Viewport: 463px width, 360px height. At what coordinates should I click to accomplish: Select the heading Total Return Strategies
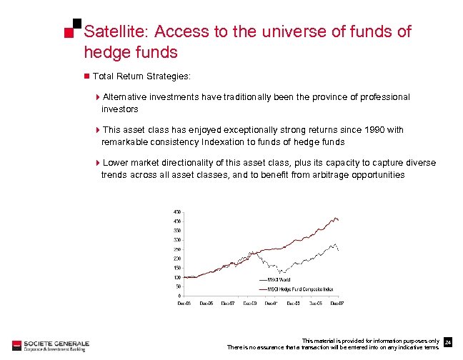click(141, 75)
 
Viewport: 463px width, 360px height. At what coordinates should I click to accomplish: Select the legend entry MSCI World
click(276, 279)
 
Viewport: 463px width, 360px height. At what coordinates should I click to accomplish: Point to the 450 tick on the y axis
click(176, 212)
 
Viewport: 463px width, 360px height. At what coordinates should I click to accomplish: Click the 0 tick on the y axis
click(179, 296)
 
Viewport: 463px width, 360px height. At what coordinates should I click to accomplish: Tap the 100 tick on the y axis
click(176, 277)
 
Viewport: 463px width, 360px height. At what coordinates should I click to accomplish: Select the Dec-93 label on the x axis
click(184, 303)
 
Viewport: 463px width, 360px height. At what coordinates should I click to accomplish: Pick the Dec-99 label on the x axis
click(250, 303)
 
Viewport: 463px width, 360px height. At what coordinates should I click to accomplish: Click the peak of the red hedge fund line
click(336, 217)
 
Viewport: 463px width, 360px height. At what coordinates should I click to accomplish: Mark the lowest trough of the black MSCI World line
click(282, 273)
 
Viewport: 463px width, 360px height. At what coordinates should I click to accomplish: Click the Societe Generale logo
click(46, 344)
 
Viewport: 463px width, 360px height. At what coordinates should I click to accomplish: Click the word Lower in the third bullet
click(116, 163)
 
